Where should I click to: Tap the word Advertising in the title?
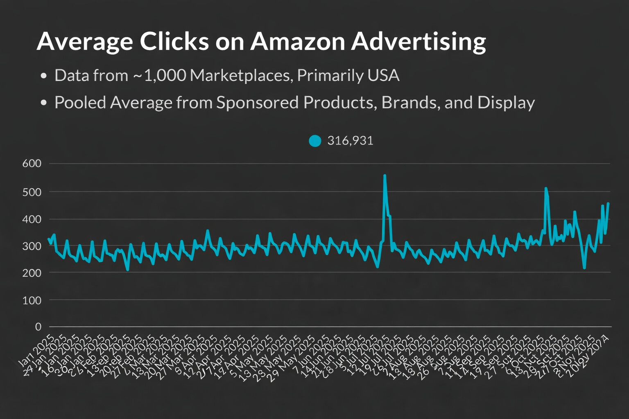[419, 41]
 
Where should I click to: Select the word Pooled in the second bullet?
[80, 103]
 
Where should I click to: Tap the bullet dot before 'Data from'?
[44, 76]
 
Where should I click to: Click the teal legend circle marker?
[315, 141]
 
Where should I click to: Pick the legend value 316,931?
[350, 141]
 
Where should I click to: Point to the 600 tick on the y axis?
[32, 164]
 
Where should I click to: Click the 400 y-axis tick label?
[32, 219]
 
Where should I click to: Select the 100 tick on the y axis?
[32, 300]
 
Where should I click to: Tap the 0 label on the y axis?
[38, 327]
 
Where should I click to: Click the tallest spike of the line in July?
[385, 176]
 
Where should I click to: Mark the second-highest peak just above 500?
[545, 189]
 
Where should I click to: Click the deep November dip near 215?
[584, 268]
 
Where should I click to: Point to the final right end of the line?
[608, 203]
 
